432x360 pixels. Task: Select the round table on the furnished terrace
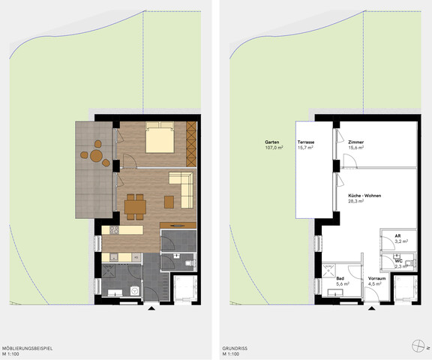(x=95, y=156)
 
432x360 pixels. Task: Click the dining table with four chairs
(x=135, y=205)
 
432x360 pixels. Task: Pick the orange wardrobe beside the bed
(x=191, y=139)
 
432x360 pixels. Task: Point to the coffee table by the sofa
(x=168, y=201)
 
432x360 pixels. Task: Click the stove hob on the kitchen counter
(x=115, y=230)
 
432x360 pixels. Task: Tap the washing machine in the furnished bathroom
(x=136, y=290)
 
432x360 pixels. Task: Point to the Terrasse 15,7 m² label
(x=305, y=145)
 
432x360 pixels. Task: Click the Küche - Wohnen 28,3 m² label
(x=364, y=198)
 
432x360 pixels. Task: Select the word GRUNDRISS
(x=235, y=348)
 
